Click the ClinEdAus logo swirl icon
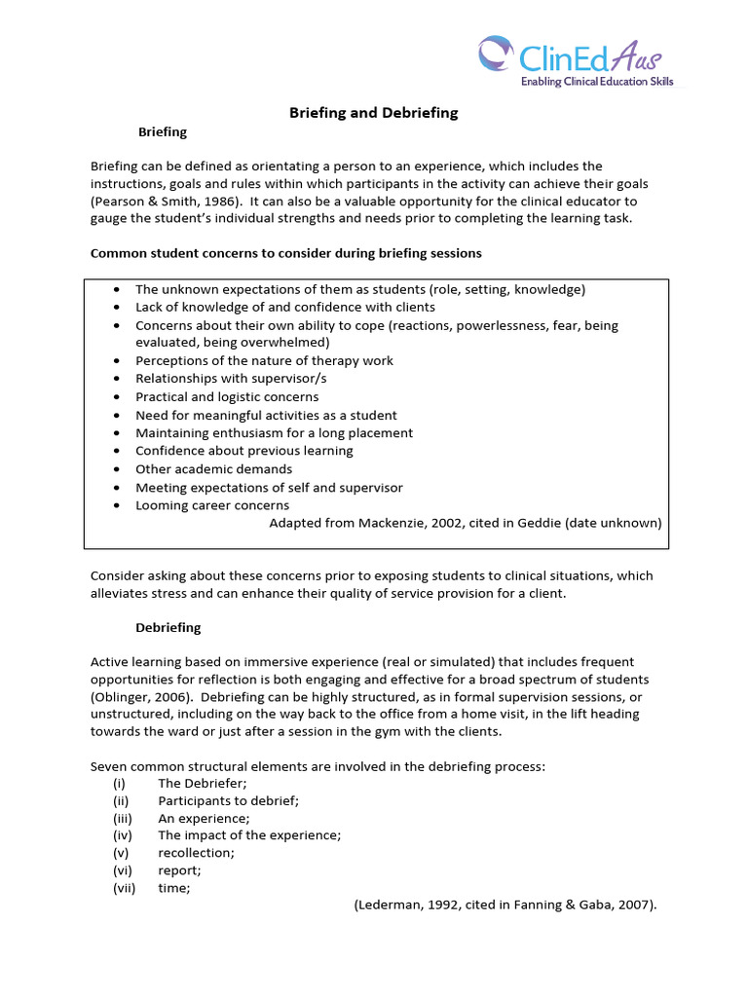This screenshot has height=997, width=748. [496, 54]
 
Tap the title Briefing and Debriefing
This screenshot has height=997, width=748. [373, 113]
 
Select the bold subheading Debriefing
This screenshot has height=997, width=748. [168, 627]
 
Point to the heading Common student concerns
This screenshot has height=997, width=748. [285, 253]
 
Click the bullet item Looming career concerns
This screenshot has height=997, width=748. [212, 505]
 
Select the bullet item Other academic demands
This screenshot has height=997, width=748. [213, 469]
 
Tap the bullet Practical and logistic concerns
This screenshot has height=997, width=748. [227, 397]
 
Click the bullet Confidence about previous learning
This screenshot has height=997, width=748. [244, 451]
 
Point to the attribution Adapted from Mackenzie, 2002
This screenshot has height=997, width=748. [465, 523]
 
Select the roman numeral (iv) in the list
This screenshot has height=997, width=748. [122, 835]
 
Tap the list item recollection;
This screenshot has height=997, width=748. [196, 853]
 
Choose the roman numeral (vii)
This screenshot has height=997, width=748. [124, 888]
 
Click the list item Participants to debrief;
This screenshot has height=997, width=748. [228, 800]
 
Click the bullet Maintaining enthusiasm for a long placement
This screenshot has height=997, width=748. [274, 433]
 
